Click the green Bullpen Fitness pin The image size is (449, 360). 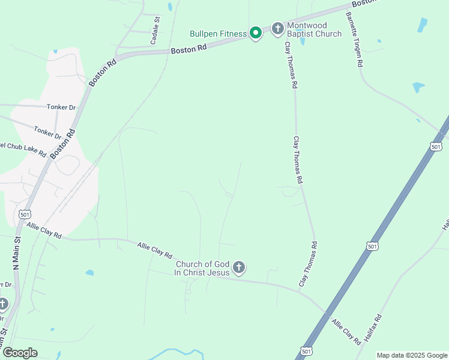tap(255, 32)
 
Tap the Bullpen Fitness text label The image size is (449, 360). tap(218, 34)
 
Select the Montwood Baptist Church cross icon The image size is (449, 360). tap(277, 28)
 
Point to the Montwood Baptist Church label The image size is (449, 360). tap(314, 29)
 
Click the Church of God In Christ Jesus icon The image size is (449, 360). tap(239, 267)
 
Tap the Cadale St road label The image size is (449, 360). tap(155, 31)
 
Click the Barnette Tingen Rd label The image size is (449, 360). tap(354, 39)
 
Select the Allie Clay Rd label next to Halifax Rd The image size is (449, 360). tap(346, 331)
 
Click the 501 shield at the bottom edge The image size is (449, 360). tap(307, 350)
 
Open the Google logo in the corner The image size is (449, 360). tap(19, 353)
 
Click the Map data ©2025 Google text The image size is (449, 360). tap(412, 355)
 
